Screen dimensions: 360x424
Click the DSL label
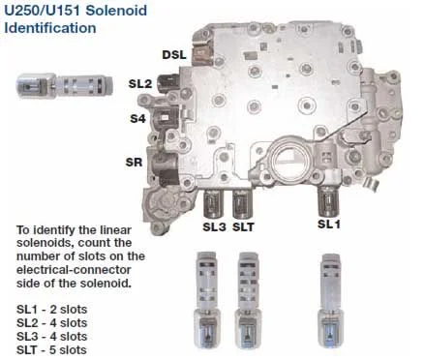[x=175, y=54]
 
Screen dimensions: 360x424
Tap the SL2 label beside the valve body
[x=139, y=84]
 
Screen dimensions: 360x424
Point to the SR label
[x=132, y=162]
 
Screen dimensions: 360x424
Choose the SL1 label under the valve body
[x=329, y=224]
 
